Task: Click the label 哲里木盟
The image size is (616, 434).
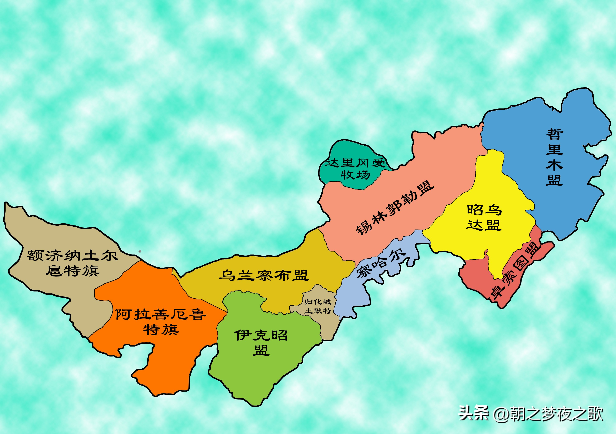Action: tap(554, 157)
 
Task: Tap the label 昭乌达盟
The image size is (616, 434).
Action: tap(484, 217)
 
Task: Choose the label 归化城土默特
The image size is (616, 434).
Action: tap(318, 306)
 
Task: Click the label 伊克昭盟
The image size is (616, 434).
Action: tap(261, 342)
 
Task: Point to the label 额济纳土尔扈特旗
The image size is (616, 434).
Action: tap(72, 263)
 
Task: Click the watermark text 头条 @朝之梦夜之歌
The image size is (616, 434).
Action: tap(531, 414)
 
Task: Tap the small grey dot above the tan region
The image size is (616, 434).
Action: tap(140, 252)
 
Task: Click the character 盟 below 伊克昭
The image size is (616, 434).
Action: tap(261, 350)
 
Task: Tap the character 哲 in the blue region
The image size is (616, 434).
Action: tap(554, 134)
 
